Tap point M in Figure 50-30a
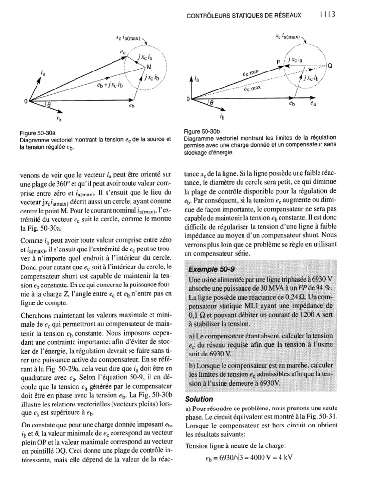coord(150,66)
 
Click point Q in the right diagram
coord(330,68)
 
